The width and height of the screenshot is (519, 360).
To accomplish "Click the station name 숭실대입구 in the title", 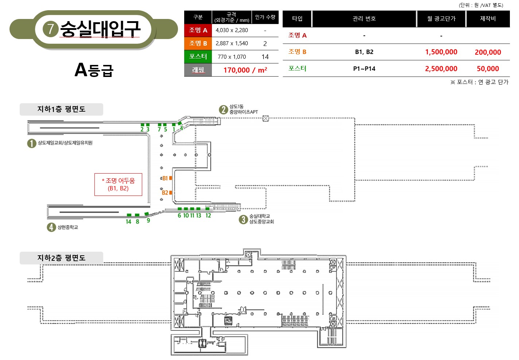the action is point(100,29).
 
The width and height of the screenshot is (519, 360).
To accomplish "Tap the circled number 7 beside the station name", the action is point(50,29).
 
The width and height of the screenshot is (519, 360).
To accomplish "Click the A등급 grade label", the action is point(94,70).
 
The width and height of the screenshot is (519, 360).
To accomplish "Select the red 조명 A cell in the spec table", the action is point(198,30).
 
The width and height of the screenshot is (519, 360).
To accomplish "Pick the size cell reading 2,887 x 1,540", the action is point(232,43).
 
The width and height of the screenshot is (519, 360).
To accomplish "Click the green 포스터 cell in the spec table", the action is point(198,57).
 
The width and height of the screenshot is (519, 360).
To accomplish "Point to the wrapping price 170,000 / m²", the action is point(245,70).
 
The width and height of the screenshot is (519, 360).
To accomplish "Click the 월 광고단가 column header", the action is point(441,19).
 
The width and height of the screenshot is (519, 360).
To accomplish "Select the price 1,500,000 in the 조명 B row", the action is point(441,52).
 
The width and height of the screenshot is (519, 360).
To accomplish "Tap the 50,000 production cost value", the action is point(488,69).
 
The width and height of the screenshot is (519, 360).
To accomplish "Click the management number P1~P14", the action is point(364,69).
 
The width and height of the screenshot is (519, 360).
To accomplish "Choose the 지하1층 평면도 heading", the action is point(61,109).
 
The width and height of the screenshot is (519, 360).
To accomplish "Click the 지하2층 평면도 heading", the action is point(61,258).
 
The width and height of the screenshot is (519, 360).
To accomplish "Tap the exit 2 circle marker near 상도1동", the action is point(223,109).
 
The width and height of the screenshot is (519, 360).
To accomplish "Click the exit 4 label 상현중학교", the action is point(67,227).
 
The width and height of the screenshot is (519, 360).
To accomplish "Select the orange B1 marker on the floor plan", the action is point(171,178).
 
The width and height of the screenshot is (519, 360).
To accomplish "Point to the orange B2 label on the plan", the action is point(165,193).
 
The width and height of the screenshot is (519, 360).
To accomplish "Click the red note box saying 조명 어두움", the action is point(118,185).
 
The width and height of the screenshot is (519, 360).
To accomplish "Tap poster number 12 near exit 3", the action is point(208,216).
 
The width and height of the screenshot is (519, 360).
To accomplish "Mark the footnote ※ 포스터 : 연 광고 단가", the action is point(479,82).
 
